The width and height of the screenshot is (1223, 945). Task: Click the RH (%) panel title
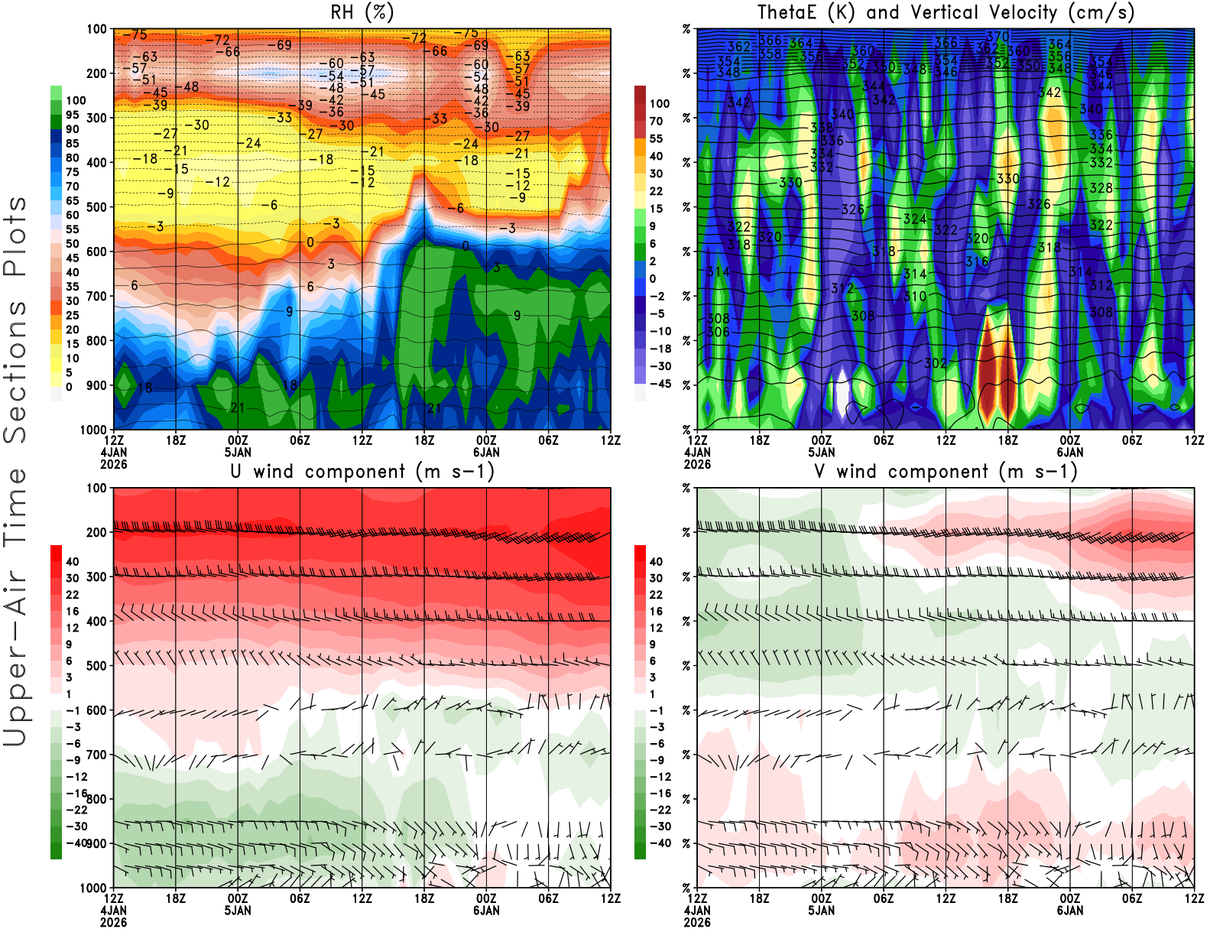362,13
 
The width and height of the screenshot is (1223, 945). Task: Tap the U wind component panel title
362,472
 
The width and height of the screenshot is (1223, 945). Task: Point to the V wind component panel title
946,472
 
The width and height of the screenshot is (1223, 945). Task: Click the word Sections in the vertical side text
15,371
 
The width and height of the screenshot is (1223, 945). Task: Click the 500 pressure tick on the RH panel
97,207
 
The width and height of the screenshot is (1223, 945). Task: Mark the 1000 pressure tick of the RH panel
94,430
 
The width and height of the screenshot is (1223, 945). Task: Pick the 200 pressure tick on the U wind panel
97,533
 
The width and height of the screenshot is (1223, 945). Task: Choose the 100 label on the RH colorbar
76,101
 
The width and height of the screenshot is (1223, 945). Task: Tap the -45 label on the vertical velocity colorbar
660,384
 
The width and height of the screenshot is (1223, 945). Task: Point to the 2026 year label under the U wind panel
114,922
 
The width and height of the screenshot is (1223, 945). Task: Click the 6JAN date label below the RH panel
486,452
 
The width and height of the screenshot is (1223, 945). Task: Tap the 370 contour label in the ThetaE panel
998,37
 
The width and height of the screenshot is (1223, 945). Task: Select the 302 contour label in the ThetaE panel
936,363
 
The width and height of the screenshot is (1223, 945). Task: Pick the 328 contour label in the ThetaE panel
1101,188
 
